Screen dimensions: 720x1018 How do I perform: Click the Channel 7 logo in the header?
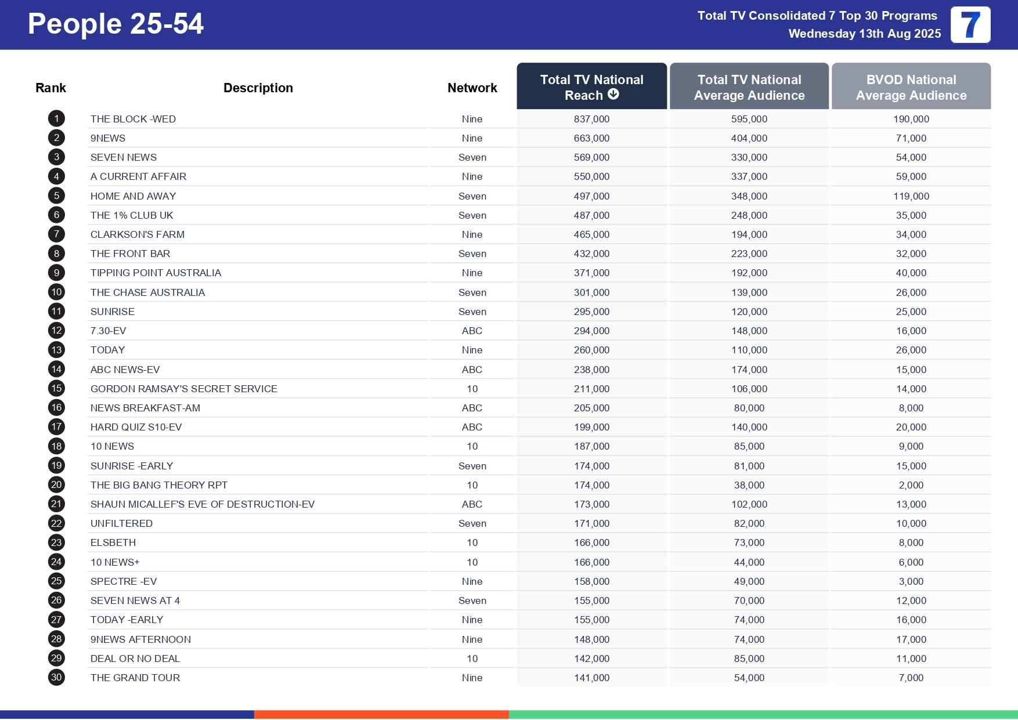[970, 25]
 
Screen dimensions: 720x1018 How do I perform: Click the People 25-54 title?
[115, 24]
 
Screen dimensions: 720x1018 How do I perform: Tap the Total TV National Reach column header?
[591, 86]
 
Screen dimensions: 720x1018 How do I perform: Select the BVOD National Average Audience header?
[911, 87]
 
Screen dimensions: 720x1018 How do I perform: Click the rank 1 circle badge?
[56, 119]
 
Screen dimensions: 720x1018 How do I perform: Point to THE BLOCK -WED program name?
[133, 119]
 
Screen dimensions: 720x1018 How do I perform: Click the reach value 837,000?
[591, 119]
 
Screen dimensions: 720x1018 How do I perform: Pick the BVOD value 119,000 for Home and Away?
[911, 196]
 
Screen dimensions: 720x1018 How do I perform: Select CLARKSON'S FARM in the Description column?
[138, 234]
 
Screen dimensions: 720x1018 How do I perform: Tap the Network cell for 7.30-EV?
[472, 331]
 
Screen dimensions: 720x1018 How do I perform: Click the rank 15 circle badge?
[56, 389]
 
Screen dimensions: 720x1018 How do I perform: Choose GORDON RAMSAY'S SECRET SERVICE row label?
[183, 389]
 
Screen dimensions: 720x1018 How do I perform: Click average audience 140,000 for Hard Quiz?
[749, 427]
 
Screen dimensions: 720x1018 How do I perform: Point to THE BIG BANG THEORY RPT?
[158, 485]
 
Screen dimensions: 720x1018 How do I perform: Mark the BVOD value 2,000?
[911, 485]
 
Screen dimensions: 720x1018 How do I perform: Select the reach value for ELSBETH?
[591, 542]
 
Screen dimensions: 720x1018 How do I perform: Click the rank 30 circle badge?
[56, 678]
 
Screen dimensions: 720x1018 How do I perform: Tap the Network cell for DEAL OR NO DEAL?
[472, 659]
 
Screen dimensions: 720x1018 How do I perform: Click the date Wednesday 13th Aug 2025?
[864, 34]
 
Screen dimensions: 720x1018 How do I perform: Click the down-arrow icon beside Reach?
[613, 94]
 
